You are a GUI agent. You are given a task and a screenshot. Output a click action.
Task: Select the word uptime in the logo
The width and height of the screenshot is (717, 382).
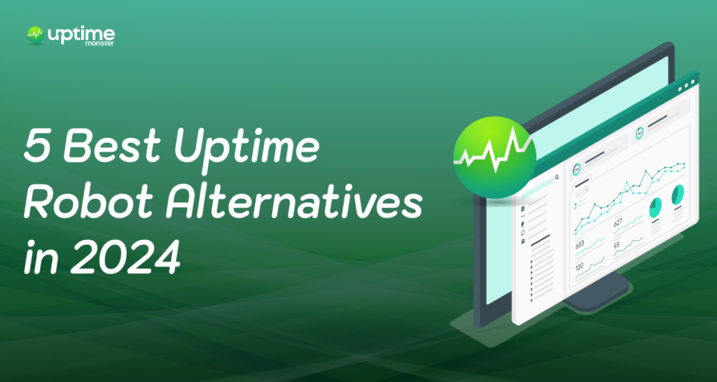pyautogui.click(x=81, y=33)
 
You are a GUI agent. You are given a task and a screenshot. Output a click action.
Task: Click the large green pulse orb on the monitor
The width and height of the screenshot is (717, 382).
pyautogui.click(x=494, y=153)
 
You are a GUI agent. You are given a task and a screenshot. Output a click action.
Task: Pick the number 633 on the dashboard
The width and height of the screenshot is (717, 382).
pyautogui.click(x=580, y=246)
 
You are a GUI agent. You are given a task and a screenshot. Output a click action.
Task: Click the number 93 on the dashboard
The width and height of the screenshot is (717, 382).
pyautogui.click(x=617, y=246)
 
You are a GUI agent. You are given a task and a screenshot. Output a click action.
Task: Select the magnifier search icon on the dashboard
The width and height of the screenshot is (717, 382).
pyautogui.click(x=557, y=178)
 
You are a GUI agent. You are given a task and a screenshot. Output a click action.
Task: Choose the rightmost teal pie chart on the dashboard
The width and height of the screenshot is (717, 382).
pyautogui.click(x=677, y=195)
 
